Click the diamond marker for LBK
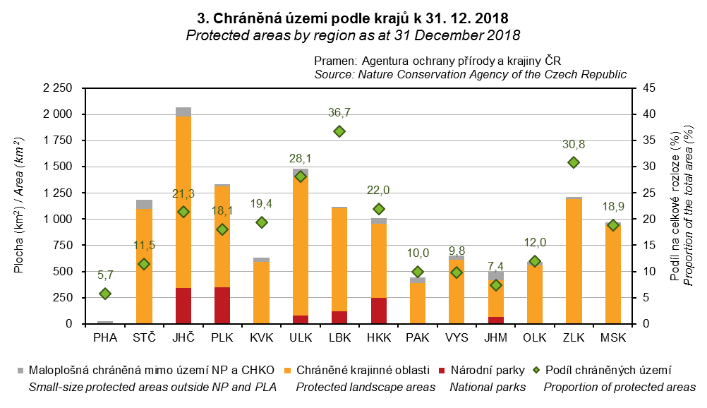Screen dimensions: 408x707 (339, 131)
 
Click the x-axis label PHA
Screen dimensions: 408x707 (105, 339)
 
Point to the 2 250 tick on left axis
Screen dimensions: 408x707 (59, 88)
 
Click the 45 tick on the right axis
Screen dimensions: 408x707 (648, 88)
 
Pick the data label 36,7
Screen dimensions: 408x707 (339, 112)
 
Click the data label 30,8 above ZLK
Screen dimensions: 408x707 (574, 144)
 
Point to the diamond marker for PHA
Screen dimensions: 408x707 (105, 294)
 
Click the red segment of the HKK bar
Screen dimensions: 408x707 (378, 311)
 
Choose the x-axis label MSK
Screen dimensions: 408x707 (612, 339)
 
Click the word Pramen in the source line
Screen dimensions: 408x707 (335, 61)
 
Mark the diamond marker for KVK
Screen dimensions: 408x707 (262, 222)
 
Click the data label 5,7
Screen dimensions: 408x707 (105, 275)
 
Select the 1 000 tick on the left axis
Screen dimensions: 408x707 (59, 220)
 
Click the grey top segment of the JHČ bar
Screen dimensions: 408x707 (183, 112)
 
